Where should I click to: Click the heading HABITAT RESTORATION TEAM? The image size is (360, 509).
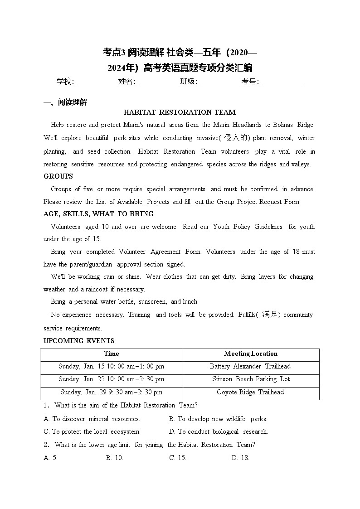(x=180, y=112)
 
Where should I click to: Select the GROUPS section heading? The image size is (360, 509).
(x=58, y=176)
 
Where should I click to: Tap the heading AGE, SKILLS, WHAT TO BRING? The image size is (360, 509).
(x=98, y=214)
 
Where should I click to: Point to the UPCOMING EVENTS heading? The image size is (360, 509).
(x=79, y=341)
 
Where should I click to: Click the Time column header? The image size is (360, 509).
(x=112, y=354)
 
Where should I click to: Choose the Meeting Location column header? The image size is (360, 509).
(x=250, y=354)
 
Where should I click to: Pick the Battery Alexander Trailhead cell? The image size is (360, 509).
(x=250, y=367)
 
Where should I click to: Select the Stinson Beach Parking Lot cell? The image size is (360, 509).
(x=251, y=379)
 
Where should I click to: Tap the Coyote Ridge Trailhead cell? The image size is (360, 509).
(x=250, y=393)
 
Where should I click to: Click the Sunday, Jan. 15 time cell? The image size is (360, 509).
(x=112, y=367)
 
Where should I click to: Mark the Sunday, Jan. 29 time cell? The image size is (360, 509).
(x=112, y=393)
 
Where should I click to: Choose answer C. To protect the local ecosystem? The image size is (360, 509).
(x=92, y=432)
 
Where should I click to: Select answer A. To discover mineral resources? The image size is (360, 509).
(x=92, y=419)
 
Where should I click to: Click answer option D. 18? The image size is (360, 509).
(x=240, y=458)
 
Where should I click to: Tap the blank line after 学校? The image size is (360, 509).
(x=98, y=82)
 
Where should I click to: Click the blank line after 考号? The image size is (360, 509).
(x=283, y=82)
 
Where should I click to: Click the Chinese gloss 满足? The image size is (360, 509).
(x=272, y=315)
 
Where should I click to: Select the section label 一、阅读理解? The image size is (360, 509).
(x=65, y=102)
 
